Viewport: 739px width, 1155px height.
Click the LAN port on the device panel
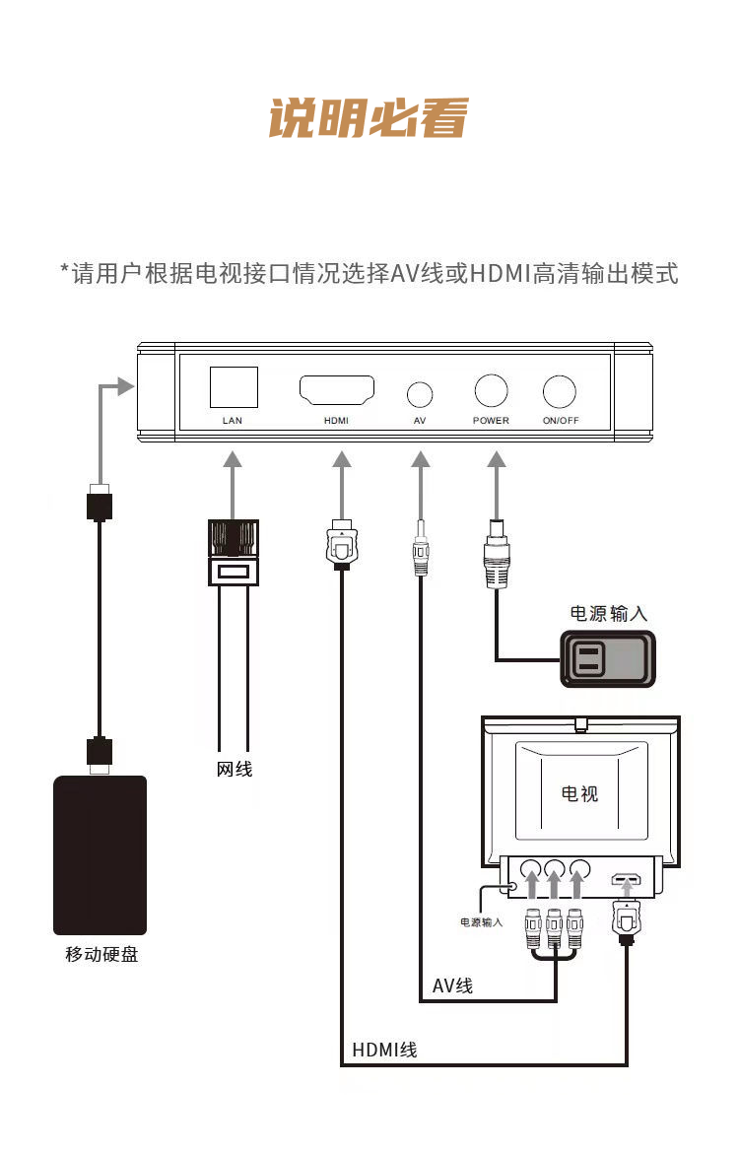(234, 386)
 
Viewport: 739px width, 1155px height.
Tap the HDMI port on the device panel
(337, 390)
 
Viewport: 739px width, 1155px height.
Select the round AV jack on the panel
(420, 395)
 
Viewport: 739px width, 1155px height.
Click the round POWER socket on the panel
(491, 390)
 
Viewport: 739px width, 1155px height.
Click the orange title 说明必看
(369, 118)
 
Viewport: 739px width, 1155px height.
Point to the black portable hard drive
(101, 855)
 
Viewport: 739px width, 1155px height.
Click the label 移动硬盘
(101, 955)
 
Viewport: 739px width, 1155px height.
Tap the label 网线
(235, 769)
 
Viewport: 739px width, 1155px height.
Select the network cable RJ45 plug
(233, 553)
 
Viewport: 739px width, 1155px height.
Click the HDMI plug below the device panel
(341, 544)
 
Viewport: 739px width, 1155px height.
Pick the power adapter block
(608, 659)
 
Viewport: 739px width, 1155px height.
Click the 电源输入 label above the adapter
(608, 614)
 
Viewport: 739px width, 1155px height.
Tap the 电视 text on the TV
(579, 793)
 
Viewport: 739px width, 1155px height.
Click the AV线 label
(452, 985)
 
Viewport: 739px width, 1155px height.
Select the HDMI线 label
(384, 1050)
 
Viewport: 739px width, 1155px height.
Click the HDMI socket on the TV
(626, 879)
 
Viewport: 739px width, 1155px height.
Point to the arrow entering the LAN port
(233, 486)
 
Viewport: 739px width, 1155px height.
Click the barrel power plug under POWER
(497, 554)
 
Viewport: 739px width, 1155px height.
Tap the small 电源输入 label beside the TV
(481, 922)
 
